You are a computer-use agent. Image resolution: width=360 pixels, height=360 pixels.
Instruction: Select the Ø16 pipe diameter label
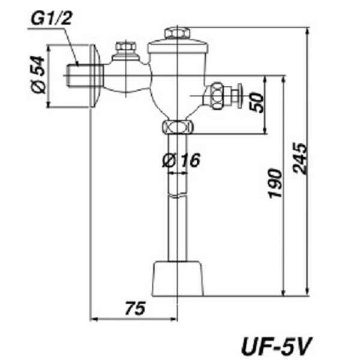180,160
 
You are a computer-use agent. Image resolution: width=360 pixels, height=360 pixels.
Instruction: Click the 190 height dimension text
274,182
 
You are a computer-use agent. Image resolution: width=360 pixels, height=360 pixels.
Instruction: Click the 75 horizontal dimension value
136,308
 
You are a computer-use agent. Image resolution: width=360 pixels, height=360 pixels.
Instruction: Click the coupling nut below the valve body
178,127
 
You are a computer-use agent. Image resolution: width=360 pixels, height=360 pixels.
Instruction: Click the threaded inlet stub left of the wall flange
76,75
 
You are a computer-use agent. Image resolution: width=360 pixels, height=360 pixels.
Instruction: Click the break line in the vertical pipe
178,197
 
